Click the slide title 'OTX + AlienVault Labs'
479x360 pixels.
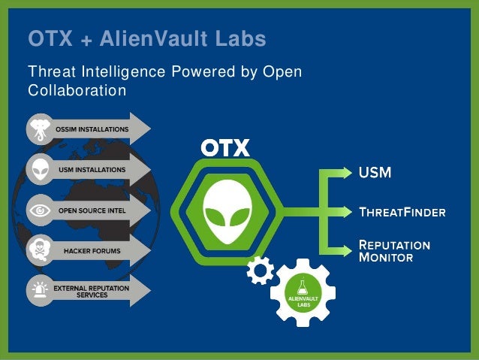pyautogui.click(x=146, y=38)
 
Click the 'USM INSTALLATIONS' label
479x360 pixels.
pyautogui.click(x=92, y=170)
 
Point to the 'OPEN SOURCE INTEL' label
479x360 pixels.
pyautogui.click(x=92, y=210)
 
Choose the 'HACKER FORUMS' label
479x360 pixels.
pyautogui.click(x=92, y=250)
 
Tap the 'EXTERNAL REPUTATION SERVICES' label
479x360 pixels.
pyautogui.click(x=91, y=291)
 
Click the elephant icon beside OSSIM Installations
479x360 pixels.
pyautogui.click(x=39, y=129)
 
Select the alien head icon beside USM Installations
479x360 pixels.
pyautogui.click(x=39, y=170)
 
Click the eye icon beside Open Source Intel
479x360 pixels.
pyautogui.click(x=39, y=210)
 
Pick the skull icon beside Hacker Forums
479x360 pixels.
pyautogui.click(x=39, y=250)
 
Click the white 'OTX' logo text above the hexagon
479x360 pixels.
pyautogui.click(x=224, y=148)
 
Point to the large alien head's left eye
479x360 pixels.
pyautogui.click(x=215, y=216)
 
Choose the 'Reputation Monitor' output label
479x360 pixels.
pyautogui.click(x=393, y=251)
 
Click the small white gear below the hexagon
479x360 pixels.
pyautogui.click(x=260, y=270)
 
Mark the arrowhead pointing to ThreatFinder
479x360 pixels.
pyautogui.click(x=346, y=212)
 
